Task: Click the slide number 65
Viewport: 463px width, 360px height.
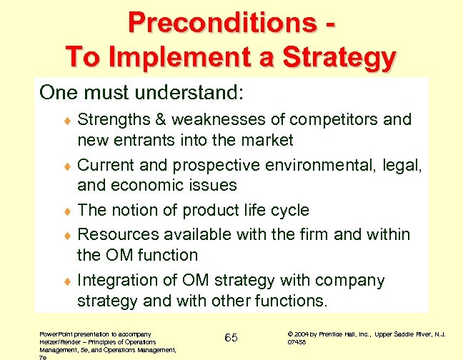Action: tap(231, 337)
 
